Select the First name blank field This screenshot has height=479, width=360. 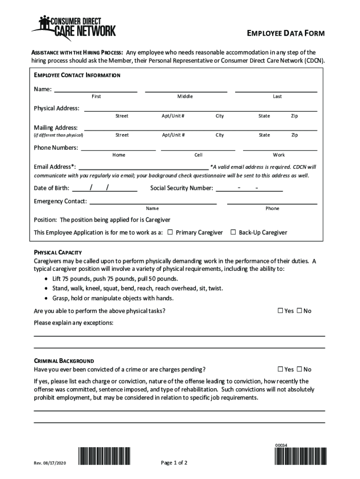[x=96, y=88]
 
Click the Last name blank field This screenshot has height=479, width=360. [x=276, y=88]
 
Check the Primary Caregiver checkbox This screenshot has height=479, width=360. [x=170, y=232]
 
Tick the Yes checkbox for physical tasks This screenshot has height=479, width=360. [x=281, y=311]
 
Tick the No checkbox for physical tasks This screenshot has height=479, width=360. [x=299, y=311]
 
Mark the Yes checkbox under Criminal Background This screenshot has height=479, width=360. [x=281, y=369]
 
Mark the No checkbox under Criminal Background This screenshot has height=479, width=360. [x=299, y=369]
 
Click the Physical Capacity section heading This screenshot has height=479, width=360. [x=58, y=252]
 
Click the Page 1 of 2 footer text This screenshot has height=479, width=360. [x=174, y=463]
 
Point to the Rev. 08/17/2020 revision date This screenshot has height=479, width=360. [x=50, y=463]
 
